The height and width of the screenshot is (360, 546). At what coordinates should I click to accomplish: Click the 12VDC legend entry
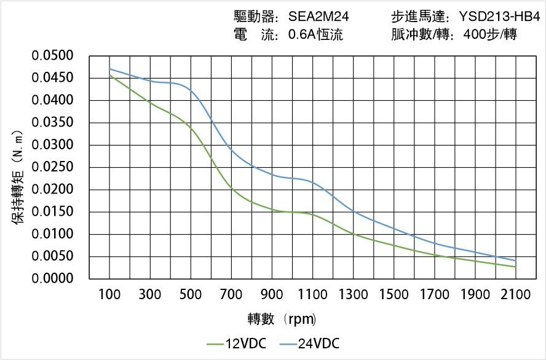(237, 343)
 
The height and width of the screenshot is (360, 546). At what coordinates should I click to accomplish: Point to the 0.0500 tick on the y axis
(61, 56)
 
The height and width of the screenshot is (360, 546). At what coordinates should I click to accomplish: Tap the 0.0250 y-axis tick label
(61, 167)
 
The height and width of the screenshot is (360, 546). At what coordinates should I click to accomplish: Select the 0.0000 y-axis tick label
(61, 278)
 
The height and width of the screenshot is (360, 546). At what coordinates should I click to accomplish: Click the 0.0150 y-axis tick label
(61, 212)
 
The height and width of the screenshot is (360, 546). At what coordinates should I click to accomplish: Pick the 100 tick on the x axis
(110, 295)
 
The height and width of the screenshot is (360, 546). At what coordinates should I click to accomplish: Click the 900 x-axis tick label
(272, 295)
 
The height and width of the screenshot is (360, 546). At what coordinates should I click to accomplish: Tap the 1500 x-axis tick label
(394, 295)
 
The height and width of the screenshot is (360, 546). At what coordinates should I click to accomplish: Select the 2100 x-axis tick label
(515, 295)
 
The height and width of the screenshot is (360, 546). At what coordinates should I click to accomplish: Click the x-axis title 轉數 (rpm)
(282, 319)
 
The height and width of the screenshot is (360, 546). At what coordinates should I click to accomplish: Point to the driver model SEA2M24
(318, 17)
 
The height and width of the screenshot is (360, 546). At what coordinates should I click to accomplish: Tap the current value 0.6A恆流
(315, 34)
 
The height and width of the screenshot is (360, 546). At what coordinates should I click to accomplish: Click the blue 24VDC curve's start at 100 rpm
(110, 69)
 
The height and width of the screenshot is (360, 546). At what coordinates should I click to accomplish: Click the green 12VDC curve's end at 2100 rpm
(515, 267)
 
